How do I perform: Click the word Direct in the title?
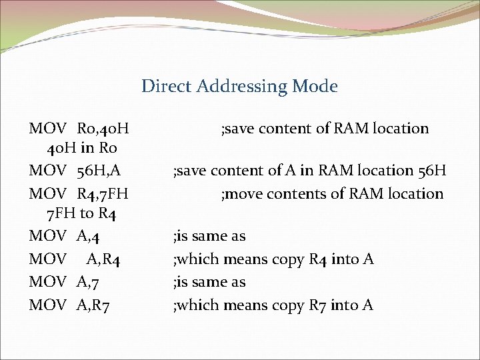(159, 86)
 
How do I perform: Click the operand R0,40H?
(103, 128)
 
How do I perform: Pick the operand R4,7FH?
(102, 194)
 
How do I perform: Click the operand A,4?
(88, 236)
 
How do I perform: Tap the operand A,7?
(88, 282)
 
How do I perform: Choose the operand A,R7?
(93, 305)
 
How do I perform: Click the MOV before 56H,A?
(47, 171)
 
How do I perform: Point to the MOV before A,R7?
(47, 305)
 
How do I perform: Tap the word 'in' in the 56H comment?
(307, 171)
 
